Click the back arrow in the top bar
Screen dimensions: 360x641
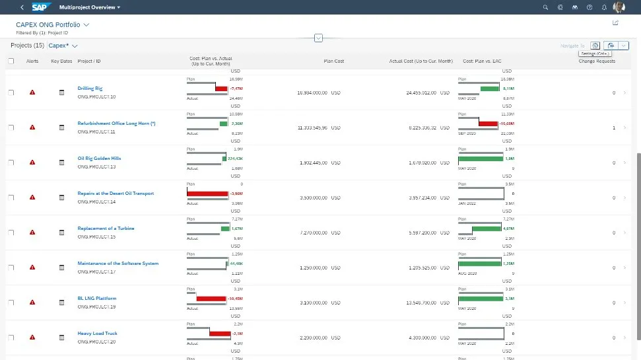click(x=22, y=7)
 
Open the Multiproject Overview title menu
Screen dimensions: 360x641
click(x=90, y=7)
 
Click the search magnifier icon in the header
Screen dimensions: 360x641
click(x=545, y=7)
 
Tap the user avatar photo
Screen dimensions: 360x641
click(x=619, y=7)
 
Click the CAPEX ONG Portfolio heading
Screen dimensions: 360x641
click(x=48, y=24)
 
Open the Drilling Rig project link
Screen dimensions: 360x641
click(x=90, y=88)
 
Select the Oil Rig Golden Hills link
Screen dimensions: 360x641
click(x=99, y=159)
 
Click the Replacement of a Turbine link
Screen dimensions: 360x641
click(x=106, y=229)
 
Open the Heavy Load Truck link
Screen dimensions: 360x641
click(x=97, y=334)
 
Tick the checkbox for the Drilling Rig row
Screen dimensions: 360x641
click(x=11, y=92)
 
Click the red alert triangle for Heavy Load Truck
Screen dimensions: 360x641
click(x=32, y=338)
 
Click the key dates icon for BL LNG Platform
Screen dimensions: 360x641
click(x=62, y=303)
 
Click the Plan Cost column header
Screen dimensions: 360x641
click(x=333, y=61)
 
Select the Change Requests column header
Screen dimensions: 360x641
click(x=597, y=61)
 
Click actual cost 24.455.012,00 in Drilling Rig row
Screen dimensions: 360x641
click(x=412, y=92)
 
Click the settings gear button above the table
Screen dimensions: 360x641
click(x=595, y=46)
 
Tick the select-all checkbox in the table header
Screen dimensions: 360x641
click(x=11, y=61)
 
